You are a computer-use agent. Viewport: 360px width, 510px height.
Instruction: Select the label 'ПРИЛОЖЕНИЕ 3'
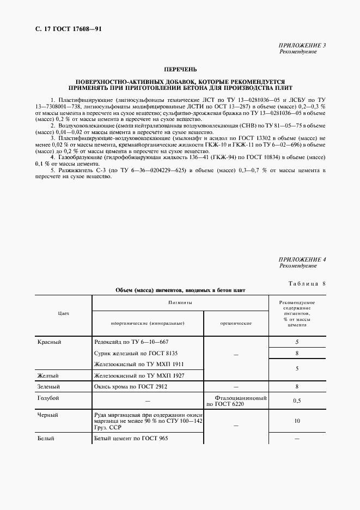pos(302,45)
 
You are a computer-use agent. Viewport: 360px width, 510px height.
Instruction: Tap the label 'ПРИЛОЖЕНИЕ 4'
pos(302,260)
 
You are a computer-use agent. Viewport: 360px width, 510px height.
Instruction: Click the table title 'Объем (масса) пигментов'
pos(180,290)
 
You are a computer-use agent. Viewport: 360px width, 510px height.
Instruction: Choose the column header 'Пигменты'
pos(180,302)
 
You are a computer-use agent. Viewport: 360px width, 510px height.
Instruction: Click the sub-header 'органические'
pos(236,323)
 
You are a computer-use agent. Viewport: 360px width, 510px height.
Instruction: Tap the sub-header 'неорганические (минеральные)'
pos(148,323)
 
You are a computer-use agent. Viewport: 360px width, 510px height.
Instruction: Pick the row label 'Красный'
pos(49,342)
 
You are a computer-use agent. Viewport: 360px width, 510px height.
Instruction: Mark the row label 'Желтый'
pos(48,375)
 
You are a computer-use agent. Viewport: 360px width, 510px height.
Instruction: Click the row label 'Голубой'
pos(48,398)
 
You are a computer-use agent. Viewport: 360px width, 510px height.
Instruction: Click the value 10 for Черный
pos(297,421)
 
